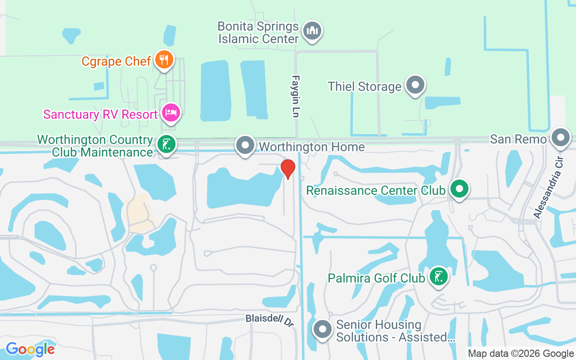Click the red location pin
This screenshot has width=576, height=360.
(288, 169)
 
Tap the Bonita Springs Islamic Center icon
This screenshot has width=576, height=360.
(312, 31)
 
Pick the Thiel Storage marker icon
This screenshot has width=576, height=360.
(415, 84)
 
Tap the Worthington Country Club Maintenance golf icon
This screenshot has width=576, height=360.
(166, 144)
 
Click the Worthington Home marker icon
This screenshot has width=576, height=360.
(245, 145)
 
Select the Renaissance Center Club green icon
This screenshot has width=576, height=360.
(459, 189)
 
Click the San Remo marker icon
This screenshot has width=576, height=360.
(561, 137)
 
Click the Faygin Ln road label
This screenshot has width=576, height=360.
(295, 96)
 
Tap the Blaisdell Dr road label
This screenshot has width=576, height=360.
(270, 320)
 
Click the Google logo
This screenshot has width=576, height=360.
(30, 349)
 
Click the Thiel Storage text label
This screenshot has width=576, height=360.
(364, 86)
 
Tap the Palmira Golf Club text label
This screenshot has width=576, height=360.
(376, 278)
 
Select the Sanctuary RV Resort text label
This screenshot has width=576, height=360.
(100, 114)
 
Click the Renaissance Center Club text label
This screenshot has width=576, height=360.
(376, 190)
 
